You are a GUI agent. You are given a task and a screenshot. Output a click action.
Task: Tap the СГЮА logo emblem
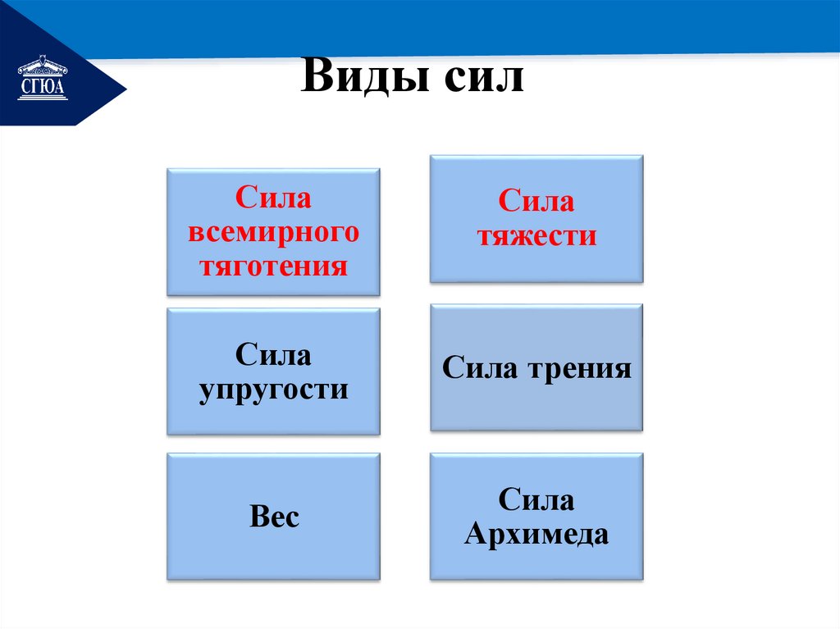(43, 79)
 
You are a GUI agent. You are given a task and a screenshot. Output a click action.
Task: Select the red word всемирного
(274, 232)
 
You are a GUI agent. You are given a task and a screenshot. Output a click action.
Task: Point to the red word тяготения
(274, 266)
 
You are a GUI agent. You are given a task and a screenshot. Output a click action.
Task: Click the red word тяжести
(536, 236)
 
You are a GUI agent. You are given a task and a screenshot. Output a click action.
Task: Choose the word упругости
(274, 390)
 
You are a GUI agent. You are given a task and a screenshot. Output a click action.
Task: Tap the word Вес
(274, 517)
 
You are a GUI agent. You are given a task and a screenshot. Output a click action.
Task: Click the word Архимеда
(536, 535)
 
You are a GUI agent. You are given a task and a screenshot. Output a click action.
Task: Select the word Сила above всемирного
(274, 198)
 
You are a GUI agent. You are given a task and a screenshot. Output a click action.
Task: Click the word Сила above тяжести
(536, 202)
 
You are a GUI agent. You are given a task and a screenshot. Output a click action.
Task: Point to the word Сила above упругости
(274, 355)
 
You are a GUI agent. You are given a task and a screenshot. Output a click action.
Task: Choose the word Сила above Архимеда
(536, 500)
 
